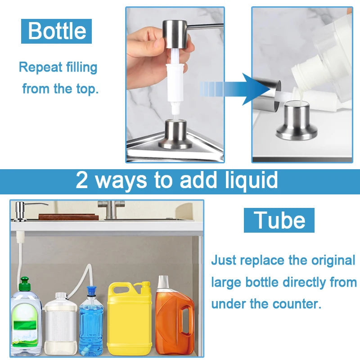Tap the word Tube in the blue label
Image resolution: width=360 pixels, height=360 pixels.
[x=279, y=220]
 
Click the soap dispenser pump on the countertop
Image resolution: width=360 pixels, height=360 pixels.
[x=21, y=211]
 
